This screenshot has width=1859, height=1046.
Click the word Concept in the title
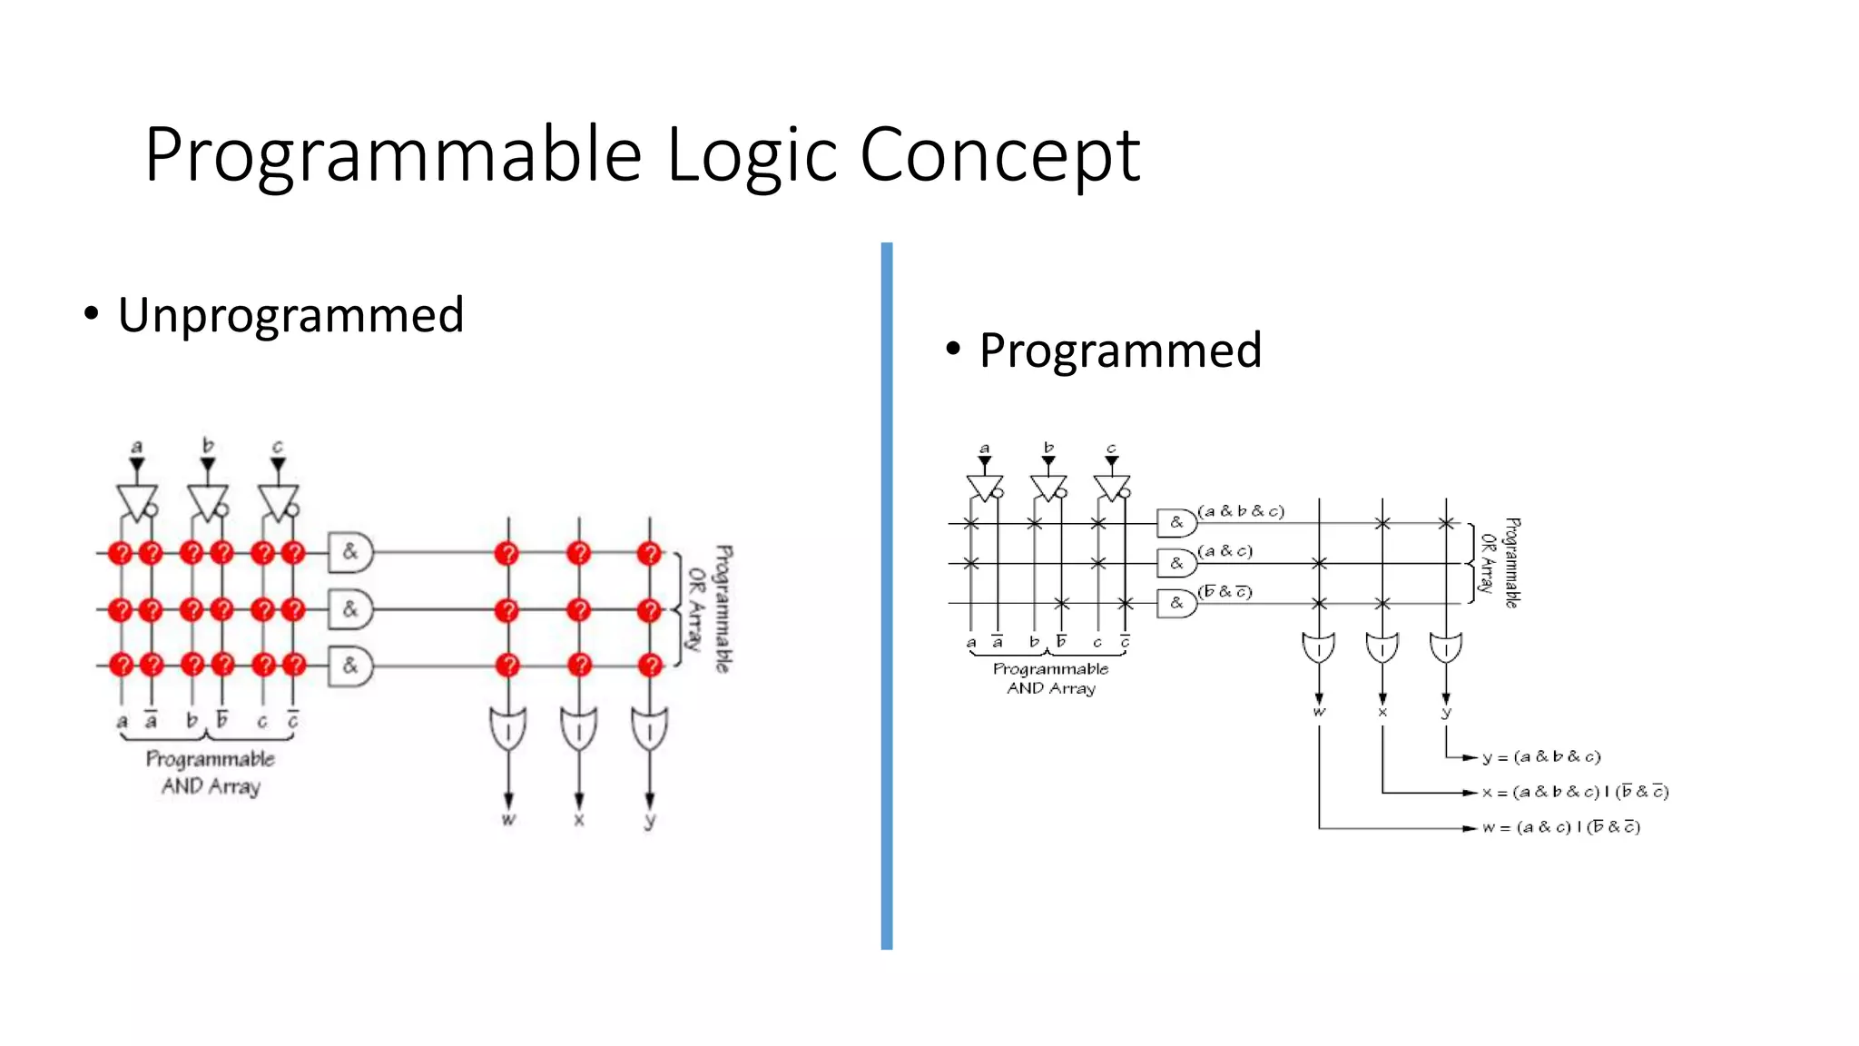[x=998, y=154]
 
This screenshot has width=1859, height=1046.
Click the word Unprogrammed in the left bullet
[x=290, y=315]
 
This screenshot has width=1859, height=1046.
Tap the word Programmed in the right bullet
[x=1120, y=350]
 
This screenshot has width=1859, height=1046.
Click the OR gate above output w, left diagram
[x=508, y=729]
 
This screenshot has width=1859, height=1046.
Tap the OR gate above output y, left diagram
[x=649, y=729]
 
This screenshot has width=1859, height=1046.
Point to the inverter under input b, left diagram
[x=207, y=501]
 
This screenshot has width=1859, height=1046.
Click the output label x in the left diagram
[x=579, y=820]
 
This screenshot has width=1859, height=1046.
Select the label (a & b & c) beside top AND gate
[x=1241, y=511]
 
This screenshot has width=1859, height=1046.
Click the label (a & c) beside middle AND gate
[x=1225, y=551]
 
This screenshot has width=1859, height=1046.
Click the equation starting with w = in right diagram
[x=1560, y=827]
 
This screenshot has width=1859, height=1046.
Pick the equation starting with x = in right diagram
[x=1575, y=792]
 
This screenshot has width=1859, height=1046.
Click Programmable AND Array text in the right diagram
[x=1050, y=678]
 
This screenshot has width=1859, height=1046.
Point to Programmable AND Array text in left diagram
[x=211, y=772]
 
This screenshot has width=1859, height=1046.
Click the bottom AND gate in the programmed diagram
[x=1176, y=603]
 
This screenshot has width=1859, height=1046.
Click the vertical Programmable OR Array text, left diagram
[x=710, y=608]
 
